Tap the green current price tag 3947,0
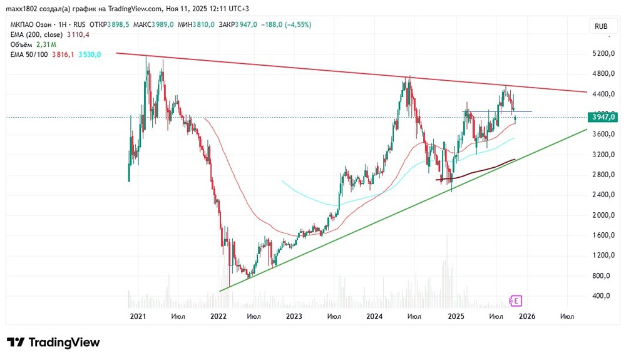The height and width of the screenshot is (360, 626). (x=603, y=117)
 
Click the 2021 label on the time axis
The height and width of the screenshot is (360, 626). (x=138, y=317)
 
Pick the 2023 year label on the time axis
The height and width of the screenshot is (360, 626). (x=294, y=317)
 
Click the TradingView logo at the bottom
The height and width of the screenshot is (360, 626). (x=53, y=342)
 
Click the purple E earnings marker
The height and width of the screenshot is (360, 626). (x=516, y=301)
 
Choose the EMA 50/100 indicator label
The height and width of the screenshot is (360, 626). (x=29, y=54)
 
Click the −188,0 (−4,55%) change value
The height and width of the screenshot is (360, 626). (x=289, y=24)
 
